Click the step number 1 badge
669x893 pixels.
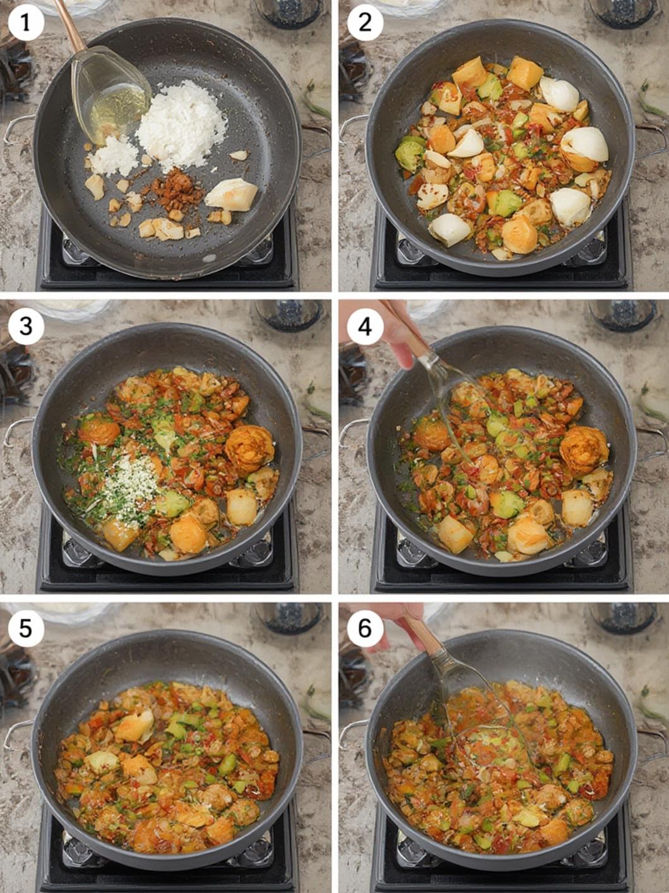coord(26,23)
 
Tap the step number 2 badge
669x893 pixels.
coord(365,23)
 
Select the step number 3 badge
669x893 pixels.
coord(26,327)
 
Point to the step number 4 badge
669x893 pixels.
coord(365,327)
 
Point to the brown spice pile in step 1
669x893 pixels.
coord(177,187)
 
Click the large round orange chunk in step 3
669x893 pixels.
coord(249,450)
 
